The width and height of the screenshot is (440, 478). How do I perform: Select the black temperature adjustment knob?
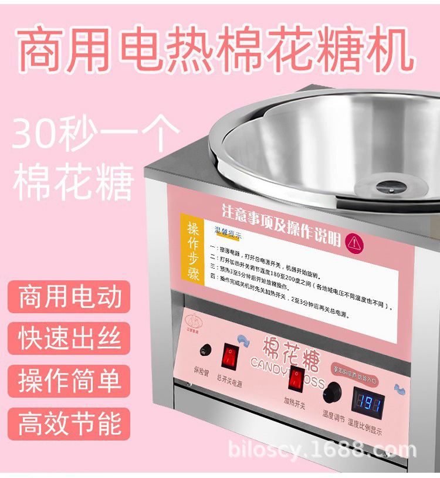pos(334,391)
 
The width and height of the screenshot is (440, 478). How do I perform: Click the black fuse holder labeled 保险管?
pos(204,351)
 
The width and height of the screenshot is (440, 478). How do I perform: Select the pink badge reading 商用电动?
pos(70,297)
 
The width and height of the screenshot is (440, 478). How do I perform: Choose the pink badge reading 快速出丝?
pos(70,338)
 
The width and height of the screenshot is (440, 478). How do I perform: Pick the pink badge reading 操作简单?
pos(70,381)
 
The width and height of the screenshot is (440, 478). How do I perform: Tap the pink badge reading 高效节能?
pos(70,423)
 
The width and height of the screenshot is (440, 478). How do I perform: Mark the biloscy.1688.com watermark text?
pos(322,451)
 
